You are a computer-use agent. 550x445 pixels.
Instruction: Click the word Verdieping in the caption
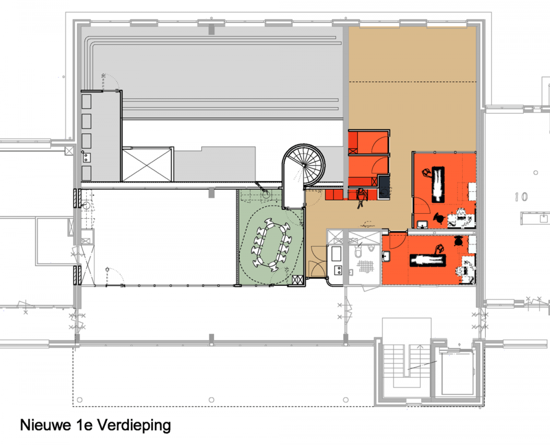pyautogui.click(x=134, y=426)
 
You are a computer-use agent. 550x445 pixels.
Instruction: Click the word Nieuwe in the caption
pyautogui.click(x=45, y=425)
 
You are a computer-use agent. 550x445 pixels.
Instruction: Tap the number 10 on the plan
pyautogui.click(x=521, y=197)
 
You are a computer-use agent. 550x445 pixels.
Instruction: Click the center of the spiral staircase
pyautogui.click(x=304, y=165)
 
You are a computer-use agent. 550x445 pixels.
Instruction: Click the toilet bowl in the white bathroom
pyautogui.click(x=358, y=252)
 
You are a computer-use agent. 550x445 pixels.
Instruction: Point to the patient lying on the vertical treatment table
pyautogui.click(x=438, y=184)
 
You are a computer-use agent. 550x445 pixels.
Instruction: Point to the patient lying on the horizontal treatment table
pyautogui.click(x=428, y=261)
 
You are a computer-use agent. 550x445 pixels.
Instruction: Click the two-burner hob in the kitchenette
pyautogui.click(x=338, y=270)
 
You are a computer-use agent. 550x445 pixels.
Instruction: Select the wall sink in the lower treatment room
pyautogui.click(x=385, y=257)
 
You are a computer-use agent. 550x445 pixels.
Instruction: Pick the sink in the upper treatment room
pyautogui.click(x=423, y=224)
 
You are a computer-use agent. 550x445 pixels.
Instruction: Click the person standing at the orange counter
pyautogui.click(x=361, y=197)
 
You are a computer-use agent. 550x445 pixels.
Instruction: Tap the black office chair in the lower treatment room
pyautogui.click(x=458, y=241)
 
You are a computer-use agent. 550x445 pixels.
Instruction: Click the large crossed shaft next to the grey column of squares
pyautogui.click(x=147, y=165)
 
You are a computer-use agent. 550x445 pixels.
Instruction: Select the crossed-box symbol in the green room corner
pyautogui.click(x=297, y=280)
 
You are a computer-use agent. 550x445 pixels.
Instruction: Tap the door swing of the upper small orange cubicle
pyautogui.click(x=380, y=144)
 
